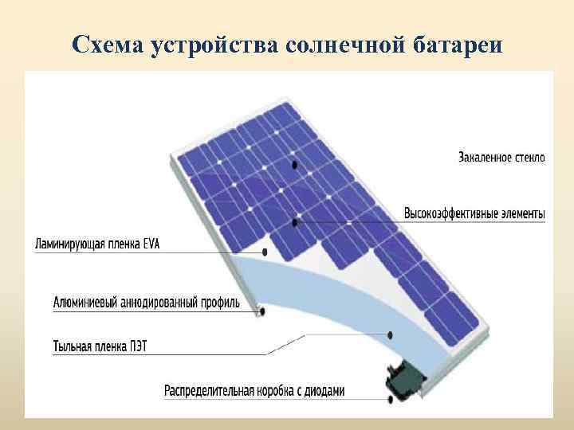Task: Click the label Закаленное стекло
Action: point(501,158)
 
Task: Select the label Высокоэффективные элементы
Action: point(474,213)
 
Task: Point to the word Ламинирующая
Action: point(70,243)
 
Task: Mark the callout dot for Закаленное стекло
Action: point(295,165)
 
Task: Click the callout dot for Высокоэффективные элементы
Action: point(295,222)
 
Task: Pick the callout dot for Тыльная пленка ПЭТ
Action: point(390,334)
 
